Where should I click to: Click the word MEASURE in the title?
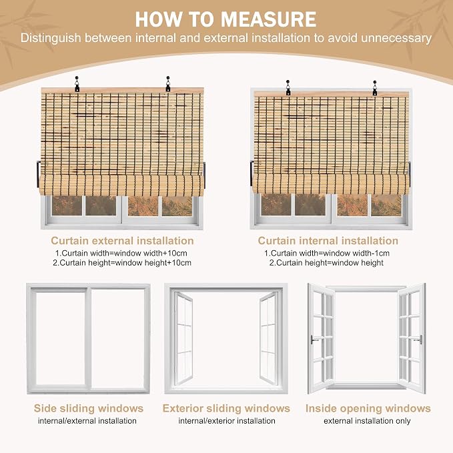point(268,19)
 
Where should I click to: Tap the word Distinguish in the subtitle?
point(50,38)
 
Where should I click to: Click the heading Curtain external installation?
point(122,241)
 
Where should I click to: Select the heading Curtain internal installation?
point(328,241)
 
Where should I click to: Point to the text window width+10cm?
point(151,253)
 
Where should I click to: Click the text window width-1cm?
point(356,253)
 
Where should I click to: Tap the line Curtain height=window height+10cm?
point(122,263)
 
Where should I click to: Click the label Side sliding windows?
point(89,408)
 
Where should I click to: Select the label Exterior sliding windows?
point(226,408)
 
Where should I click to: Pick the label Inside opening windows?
point(368,408)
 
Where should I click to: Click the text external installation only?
point(367,420)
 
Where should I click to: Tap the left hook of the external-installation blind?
point(77,84)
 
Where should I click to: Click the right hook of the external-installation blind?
point(168,84)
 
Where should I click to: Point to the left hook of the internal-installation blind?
point(288,88)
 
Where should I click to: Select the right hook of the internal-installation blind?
point(375,88)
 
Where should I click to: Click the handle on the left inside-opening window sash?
point(314,340)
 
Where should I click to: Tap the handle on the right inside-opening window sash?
point(418,340)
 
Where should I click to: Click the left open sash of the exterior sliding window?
point(183,338)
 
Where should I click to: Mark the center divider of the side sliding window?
point(89,340)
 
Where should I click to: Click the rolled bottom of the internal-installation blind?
point(331,183)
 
